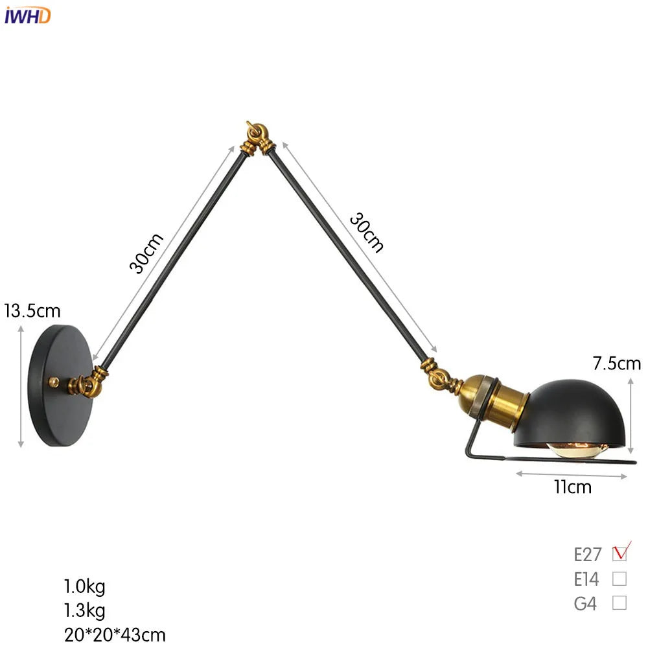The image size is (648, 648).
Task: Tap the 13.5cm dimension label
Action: point(32,311)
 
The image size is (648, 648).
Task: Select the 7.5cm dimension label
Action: point(616,364)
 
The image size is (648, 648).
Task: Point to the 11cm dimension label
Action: point(573,487)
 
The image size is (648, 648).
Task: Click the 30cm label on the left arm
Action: point(146,253)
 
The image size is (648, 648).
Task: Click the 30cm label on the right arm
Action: point(367,231)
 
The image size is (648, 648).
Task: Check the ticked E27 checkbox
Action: point(620,553)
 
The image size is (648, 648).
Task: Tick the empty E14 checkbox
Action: point(619,578)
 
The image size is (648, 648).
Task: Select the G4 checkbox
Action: point(619,603)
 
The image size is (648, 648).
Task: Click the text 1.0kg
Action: point(84,587)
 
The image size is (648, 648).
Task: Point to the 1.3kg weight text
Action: point(84,610)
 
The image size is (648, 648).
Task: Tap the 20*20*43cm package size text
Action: point(114,634)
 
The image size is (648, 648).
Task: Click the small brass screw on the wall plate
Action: point(54,382)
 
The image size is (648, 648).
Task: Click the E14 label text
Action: point(586,579)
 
